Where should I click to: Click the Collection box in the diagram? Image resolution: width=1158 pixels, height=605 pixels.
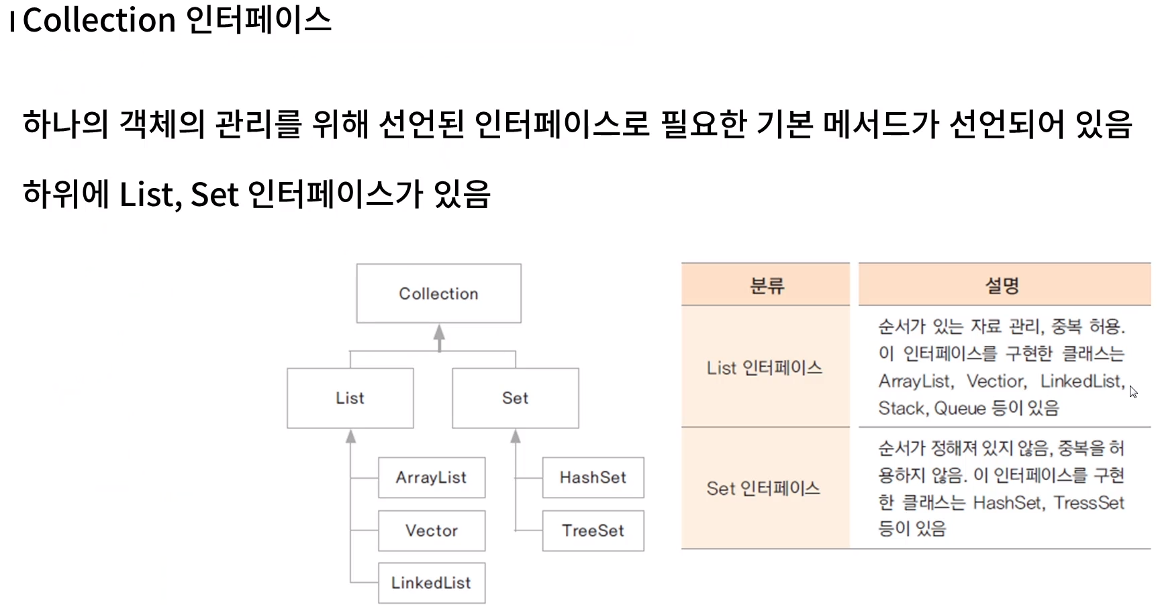(438, 293)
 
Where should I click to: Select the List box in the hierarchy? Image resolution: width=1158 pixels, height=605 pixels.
(350, 398)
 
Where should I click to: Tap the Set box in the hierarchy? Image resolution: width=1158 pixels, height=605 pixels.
(515, 398)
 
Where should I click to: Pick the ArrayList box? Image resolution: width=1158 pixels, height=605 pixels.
(431, 477)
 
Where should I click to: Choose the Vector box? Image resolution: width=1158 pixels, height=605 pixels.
(431, 530)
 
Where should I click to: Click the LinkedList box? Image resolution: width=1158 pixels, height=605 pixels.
(431, 583)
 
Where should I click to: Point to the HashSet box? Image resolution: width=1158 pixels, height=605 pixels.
(593, 477)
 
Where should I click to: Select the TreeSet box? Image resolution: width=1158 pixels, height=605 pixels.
(593, 530)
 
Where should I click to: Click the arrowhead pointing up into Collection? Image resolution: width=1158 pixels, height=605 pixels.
(439, 332)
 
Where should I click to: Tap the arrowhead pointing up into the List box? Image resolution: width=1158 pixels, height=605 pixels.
(350, 437)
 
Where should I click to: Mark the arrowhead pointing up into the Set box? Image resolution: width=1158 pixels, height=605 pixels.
(516, 437)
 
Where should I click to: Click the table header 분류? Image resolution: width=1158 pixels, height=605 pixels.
(766, 286)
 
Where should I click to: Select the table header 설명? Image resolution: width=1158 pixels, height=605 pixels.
(1002, 286)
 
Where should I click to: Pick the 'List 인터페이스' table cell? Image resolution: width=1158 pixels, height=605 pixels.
(765, 367)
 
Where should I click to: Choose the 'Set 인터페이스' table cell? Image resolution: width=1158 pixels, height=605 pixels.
(763, 488)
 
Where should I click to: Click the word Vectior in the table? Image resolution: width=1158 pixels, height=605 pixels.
(996, 381)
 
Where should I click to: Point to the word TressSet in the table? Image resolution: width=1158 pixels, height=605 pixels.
(1088, 502)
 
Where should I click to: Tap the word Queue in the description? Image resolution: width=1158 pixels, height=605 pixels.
(960, 408)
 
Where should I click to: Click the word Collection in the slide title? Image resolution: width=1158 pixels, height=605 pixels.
(99, 20)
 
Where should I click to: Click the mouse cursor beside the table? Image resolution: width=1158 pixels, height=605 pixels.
(1133, 391)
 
